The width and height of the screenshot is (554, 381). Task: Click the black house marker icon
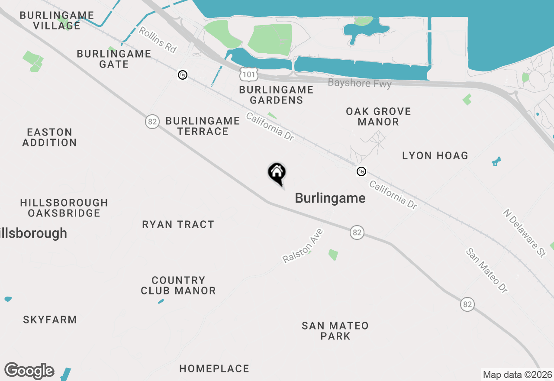[x=277, y=173]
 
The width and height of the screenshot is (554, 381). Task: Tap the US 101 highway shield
[x=249, y=74]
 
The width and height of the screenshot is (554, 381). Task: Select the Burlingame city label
[x=330, y=198]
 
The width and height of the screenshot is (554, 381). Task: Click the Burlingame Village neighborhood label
[x=57, y=20]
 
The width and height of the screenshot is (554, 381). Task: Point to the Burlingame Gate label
[x=114, y=59]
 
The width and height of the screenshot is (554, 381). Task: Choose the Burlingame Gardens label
[x=276, y=95]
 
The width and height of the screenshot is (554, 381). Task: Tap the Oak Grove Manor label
[x=378, y=116]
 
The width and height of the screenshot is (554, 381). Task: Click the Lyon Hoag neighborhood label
[x=435, y=155]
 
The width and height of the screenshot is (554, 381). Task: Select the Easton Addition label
[x=49, y=137]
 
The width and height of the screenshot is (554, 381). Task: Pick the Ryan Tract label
[x=178, y=224]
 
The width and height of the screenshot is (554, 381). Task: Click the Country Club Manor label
[x=178, y=285]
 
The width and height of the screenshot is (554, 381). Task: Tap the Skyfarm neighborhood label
[x=50, y=320]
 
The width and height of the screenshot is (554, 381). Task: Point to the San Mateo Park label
[x=335, y=331]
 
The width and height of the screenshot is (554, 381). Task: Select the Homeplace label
[x=214, y=368]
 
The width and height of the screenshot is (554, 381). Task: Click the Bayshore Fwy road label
[x=360, y=83]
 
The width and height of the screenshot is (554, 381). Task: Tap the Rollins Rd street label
[x=158, y=40]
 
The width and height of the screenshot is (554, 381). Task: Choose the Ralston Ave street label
[x=303, y=246]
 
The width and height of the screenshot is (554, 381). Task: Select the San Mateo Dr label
[x=487, y=271]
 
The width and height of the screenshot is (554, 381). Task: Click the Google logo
[x=29, y=371]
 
